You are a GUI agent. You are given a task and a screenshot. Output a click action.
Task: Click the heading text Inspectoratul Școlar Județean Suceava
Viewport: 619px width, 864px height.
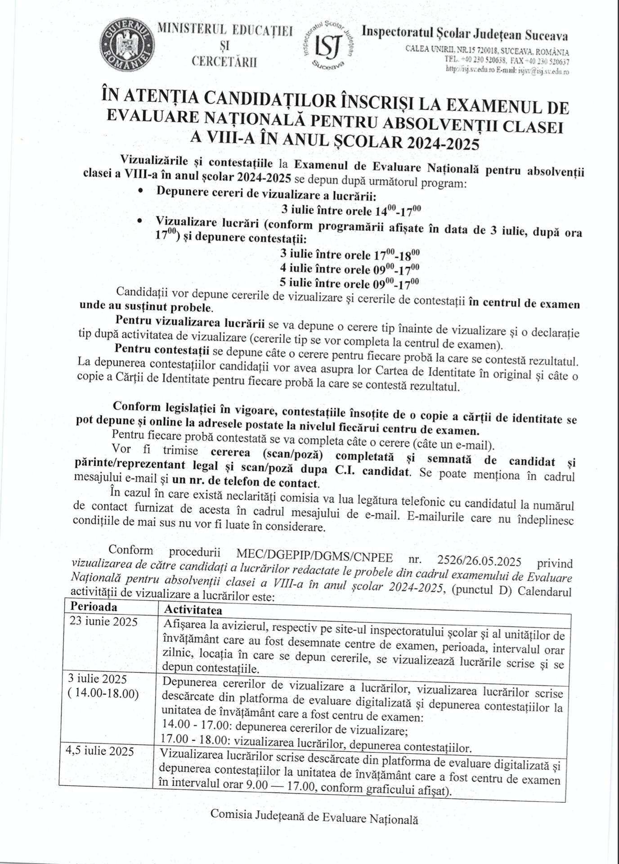(464, 34)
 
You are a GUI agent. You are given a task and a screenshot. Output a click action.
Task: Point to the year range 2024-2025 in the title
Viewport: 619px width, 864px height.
(443, 143)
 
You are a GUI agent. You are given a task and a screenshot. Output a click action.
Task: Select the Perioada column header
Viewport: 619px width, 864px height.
(94, 607)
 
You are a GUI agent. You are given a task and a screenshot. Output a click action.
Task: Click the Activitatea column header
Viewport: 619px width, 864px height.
(193, 610)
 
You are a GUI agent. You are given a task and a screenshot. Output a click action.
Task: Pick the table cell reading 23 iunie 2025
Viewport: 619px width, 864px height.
(103, 621)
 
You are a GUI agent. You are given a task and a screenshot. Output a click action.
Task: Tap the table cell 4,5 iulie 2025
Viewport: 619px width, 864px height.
(100, 751)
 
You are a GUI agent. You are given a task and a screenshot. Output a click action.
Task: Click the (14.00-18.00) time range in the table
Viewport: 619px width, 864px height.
(103, 693)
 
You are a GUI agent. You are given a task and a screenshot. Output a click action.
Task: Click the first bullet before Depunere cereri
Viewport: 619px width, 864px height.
(141, 191)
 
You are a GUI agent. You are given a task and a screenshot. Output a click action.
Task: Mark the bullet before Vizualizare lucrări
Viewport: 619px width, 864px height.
(141, 220)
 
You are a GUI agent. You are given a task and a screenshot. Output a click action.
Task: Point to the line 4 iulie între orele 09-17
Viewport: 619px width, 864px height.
(350, 269)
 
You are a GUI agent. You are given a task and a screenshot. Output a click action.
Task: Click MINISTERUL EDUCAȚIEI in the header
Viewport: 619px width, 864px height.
(225, 31)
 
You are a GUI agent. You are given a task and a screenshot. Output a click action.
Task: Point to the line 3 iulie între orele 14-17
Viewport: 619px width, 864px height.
(351, 210)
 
